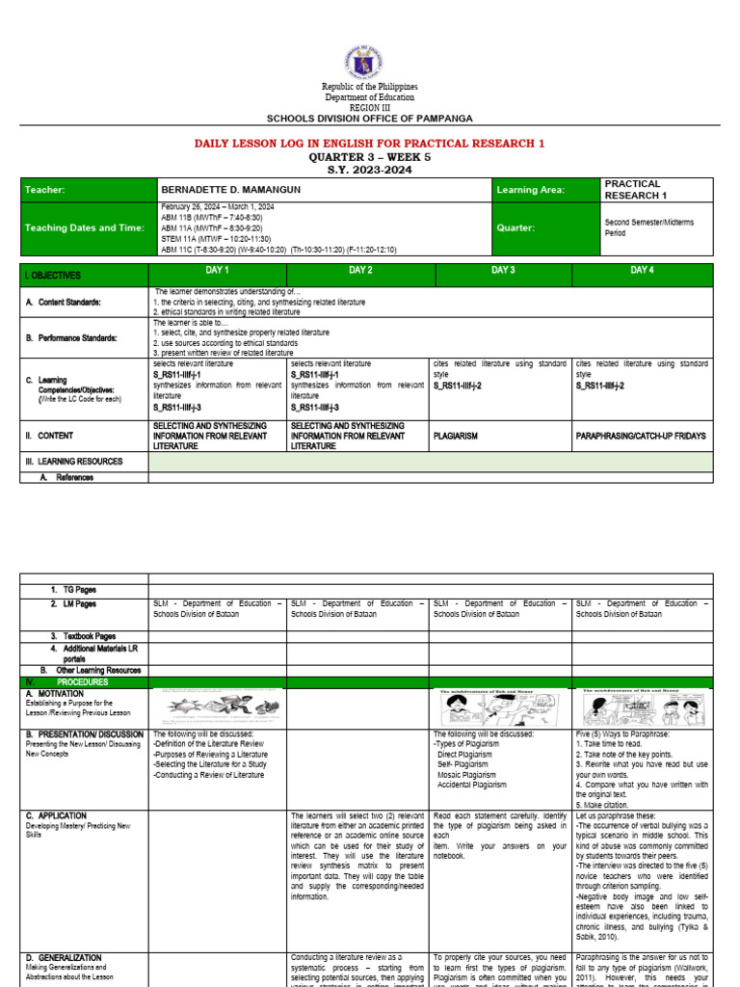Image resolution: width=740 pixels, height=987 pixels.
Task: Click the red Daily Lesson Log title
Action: (x=369, y=144)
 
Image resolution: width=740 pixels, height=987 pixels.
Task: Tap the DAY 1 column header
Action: (x=218, y=271)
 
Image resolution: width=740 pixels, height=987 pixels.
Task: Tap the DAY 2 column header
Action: (x=360, y=271)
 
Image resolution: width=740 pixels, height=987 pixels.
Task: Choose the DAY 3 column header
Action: (x=503, y=271)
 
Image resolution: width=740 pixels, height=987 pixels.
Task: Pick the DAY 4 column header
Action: (x=642, y=271)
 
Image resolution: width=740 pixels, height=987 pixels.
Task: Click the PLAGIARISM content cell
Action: (x=456, y=436)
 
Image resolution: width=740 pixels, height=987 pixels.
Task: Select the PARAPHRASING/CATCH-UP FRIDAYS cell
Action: (x=640, y=436)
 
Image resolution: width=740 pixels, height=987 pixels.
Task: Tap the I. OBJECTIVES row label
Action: (x=55, y=276)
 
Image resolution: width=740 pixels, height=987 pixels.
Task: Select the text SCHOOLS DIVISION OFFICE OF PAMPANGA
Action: (x=369, y=118)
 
